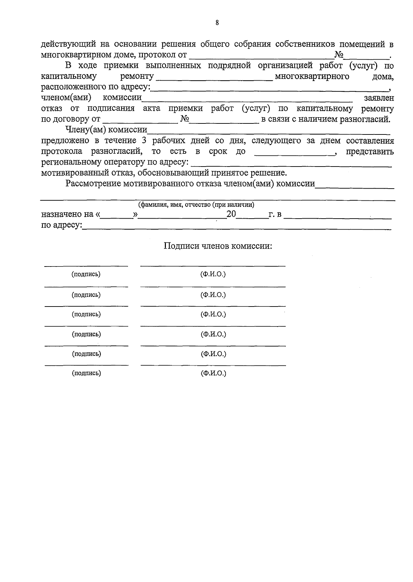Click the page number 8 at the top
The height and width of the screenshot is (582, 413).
[217, 23]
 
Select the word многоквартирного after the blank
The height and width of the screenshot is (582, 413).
[312, 76]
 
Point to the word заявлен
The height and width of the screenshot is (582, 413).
[379, 98]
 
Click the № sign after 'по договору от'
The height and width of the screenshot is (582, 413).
[185, 119]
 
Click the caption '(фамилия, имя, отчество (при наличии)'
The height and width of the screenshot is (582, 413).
[196, 205]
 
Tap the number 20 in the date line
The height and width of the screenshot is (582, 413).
[231, 214]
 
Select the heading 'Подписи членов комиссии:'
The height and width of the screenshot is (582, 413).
[218, 246]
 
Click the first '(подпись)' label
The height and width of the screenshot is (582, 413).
[86, 274]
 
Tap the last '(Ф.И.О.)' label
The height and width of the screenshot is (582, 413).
[213, 373]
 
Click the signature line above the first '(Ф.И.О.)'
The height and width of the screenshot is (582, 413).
[213, 266]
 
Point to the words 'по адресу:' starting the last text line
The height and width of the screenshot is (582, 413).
[61, 225]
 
